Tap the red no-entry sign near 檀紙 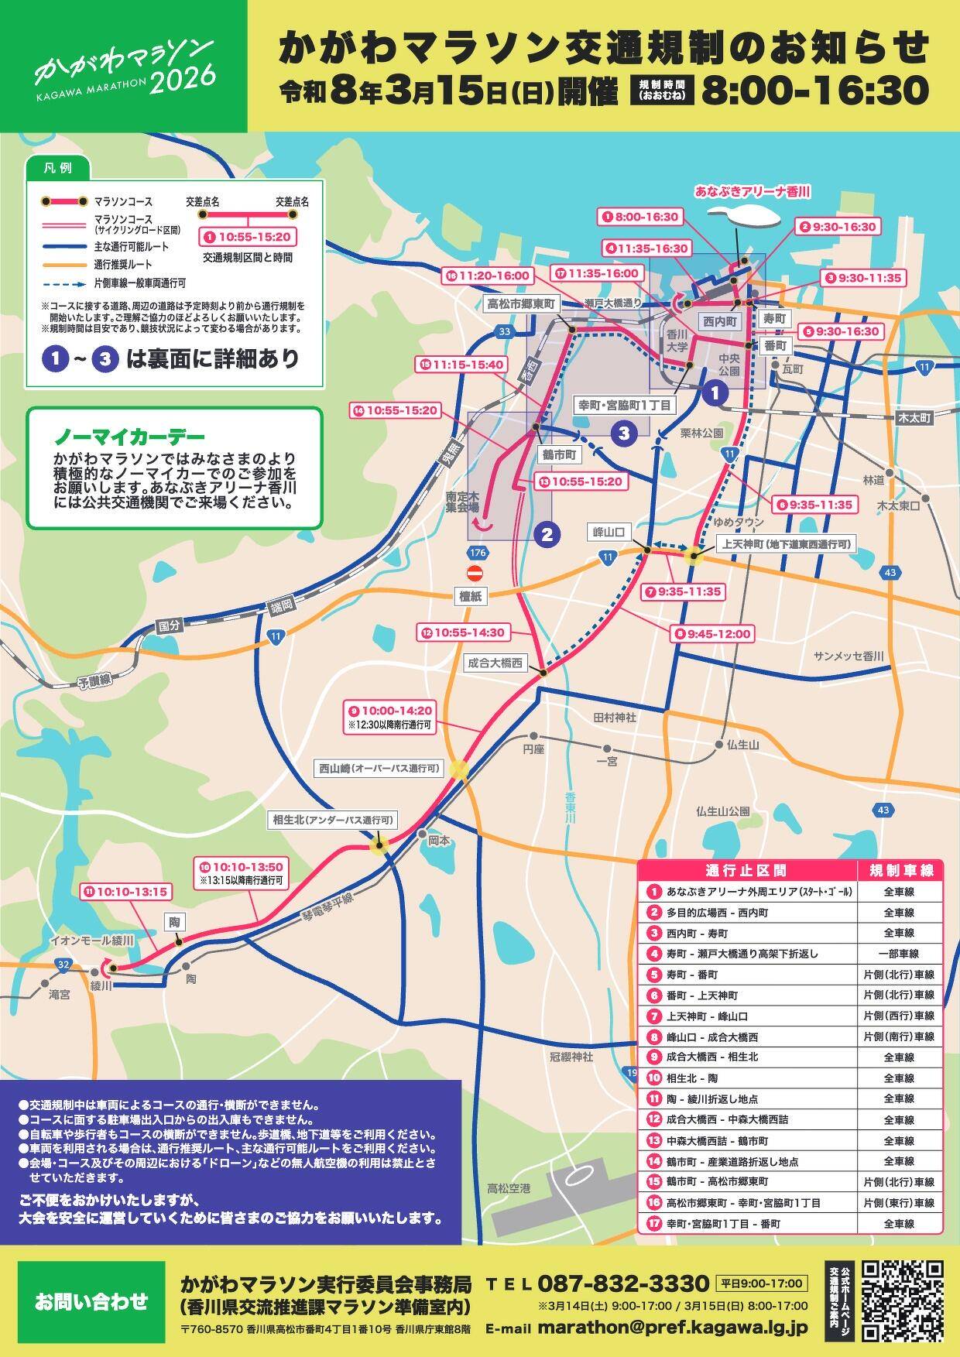(475, 574)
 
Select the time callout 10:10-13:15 (125, 892)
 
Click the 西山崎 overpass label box (379, 769)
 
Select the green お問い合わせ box (90, 1300)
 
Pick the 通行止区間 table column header (747, 870)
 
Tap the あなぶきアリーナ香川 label (752, 190)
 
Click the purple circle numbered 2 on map (546, 533)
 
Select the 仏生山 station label (742, 744)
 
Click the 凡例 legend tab (57, 167)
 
